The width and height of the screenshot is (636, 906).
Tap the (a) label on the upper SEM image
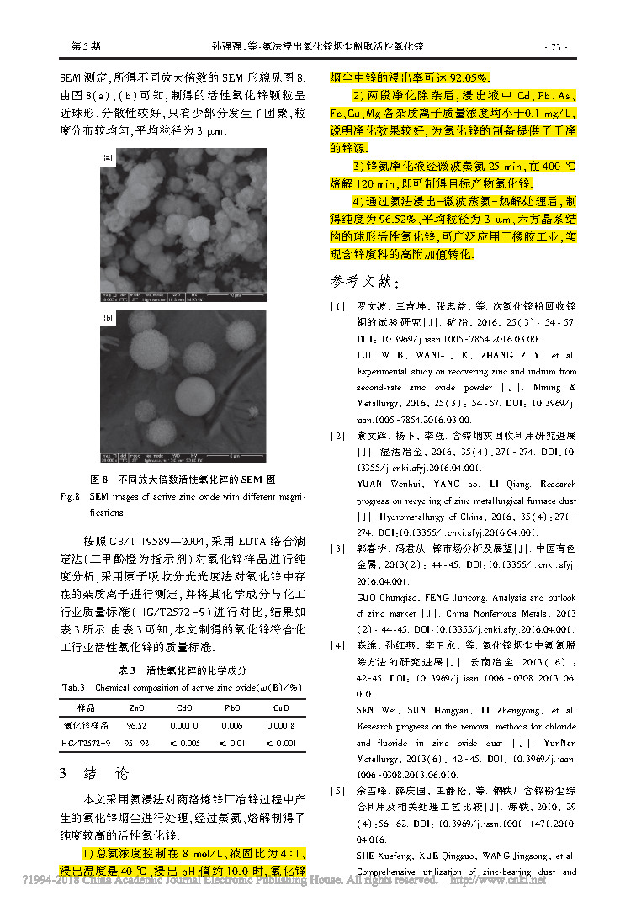[x=107, y=156]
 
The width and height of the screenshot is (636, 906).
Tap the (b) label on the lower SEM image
[x=107, y=318]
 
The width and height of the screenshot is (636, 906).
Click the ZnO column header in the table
[x=130, y=707]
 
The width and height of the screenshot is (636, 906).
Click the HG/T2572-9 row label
[x=85, y=743]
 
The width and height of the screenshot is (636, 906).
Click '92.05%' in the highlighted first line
[x=462, y=76]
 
